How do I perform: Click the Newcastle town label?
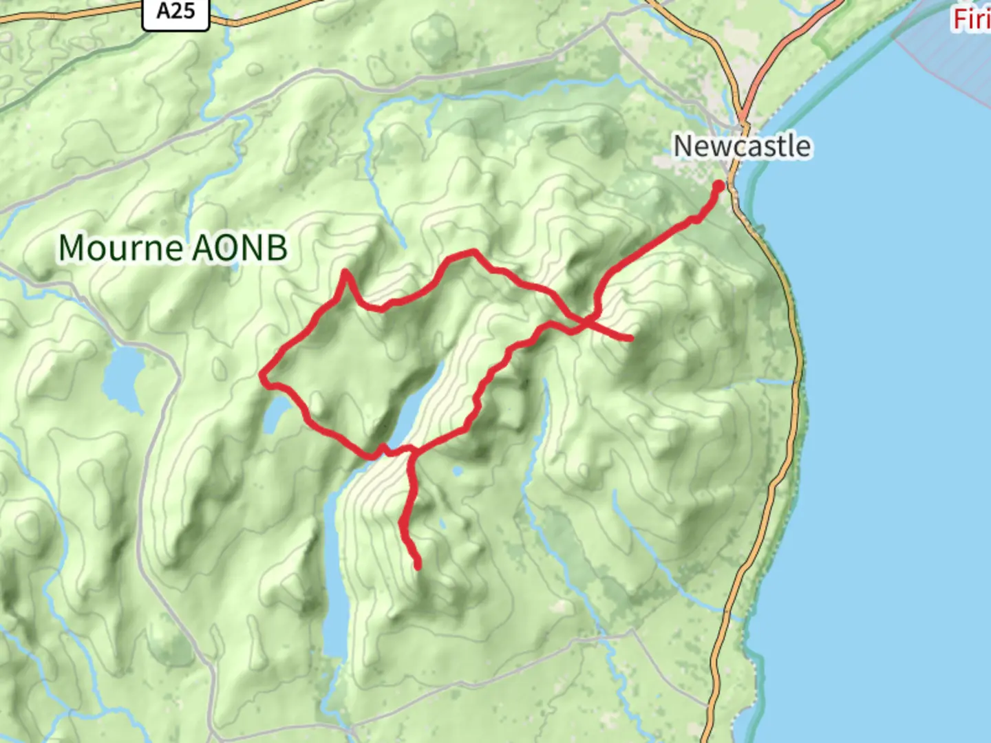[741, 147]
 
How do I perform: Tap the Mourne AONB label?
[173, 248]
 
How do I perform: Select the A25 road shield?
[175, 12]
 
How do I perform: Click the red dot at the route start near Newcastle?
[718, 186]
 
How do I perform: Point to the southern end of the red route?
[418, 566]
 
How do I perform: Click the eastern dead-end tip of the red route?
[630, 338]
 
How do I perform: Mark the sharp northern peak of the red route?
[345, 272]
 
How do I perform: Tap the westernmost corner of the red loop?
[262, 376]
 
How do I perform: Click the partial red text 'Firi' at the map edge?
[971, 19]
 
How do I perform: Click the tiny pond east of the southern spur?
[458, 471]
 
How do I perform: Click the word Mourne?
[120, 248]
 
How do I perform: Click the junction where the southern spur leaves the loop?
[412, 451]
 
